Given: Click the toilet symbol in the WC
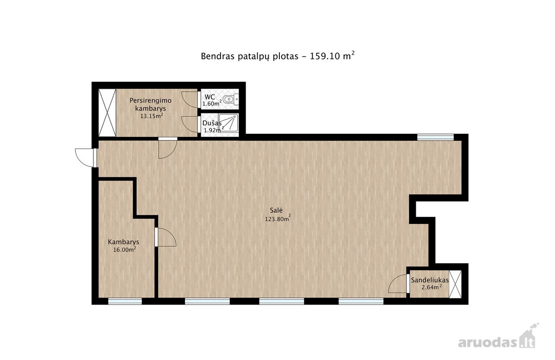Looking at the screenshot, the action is coord(231,99).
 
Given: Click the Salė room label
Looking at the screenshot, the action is coord(276,210).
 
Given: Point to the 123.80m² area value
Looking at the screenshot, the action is coord(278,218).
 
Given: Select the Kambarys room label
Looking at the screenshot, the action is coord(123,242).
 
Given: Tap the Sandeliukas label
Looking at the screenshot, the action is coord(430,280).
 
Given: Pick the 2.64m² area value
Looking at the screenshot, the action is coord(432,287).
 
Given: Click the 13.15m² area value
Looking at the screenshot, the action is coord(152,116).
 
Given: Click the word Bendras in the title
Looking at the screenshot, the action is coord(217,56).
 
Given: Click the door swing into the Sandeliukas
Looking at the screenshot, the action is coord(397,284).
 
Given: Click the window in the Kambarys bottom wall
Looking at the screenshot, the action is coord(125,301).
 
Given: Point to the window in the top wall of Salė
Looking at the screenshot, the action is coord(435,137).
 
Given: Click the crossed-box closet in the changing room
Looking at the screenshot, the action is coord(107,112).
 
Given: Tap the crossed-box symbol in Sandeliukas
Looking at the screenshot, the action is coord(456,284).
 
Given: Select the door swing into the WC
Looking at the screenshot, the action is coord(190,99).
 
